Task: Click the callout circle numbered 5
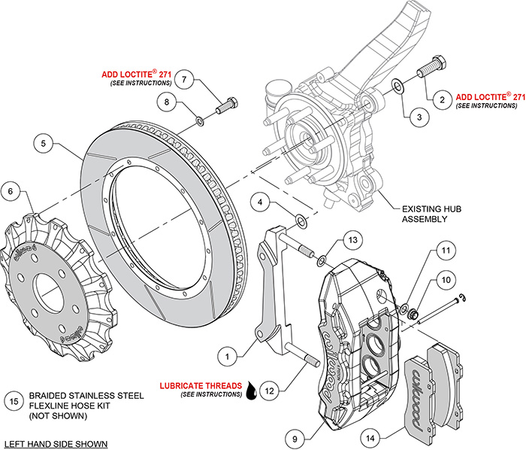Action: pos(44,141)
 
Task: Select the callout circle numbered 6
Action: pos(11,192)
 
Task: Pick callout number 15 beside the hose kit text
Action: pos(12,400)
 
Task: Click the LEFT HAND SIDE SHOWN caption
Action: pos(56,443)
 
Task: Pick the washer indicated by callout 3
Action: pos(398,88)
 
